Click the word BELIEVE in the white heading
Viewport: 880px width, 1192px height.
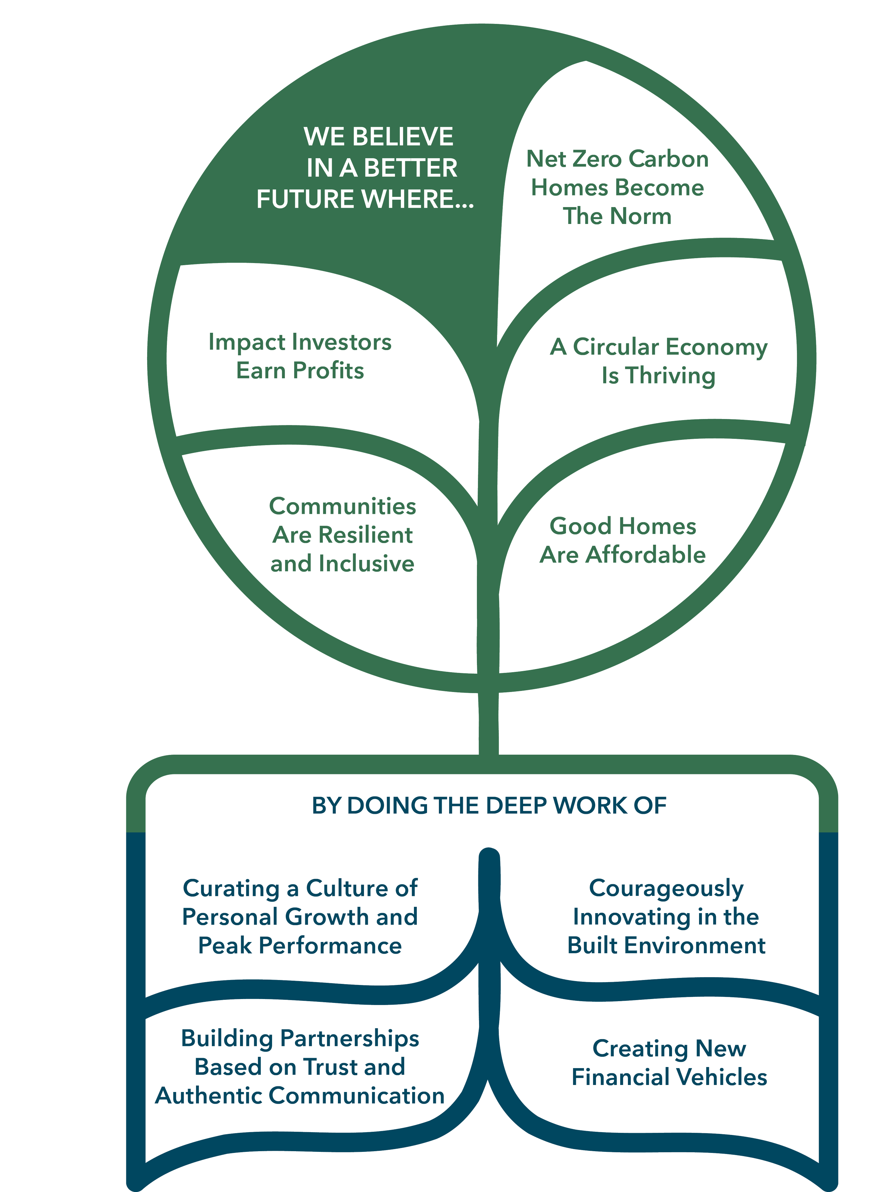click(403, 137)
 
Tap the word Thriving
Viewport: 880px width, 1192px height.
click(670, 376)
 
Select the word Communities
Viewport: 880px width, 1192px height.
click(342, 507)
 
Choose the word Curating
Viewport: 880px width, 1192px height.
click(231, 889)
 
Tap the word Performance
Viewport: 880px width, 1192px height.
click(330, 946)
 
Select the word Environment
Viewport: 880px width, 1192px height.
click(702, 946)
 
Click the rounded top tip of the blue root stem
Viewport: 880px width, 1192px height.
click(489, 856)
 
